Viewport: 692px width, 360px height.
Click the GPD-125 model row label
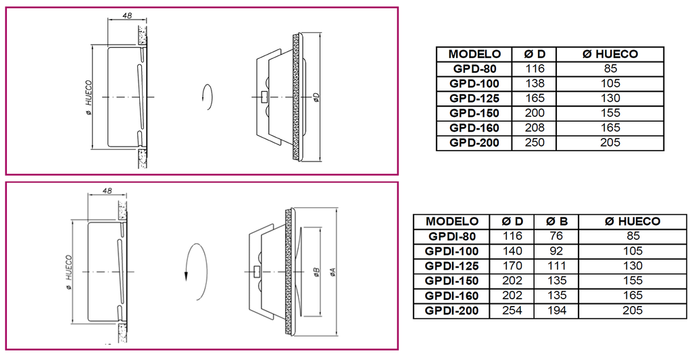click(x=474, y=99)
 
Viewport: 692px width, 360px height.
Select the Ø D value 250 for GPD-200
click(x=535, y=143)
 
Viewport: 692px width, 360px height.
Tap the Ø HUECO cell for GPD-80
click(x=610, y=69)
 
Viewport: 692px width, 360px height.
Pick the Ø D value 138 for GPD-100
click(x=535, y=83)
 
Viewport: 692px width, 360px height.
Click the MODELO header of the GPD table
click(x=474, y=54)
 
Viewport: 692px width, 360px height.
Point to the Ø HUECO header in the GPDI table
click(x=633, y=222)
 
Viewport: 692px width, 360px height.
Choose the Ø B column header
click(x=557, y=222)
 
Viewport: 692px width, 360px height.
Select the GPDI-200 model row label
click(x=451, y=311)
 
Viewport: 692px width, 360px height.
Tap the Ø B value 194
click(x=557, y=311)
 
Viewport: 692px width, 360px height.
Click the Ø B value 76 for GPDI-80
click(x=557, y=236)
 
